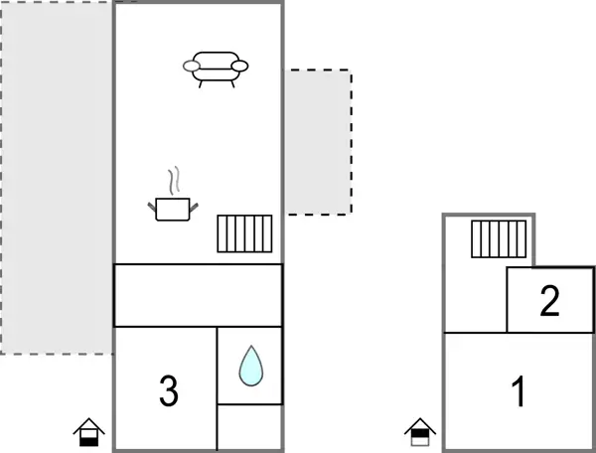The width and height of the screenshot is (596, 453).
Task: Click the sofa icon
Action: tap(216, 67)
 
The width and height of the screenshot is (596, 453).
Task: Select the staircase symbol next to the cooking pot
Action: tap(244, 233)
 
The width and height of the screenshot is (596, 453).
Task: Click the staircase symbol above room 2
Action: tap(499, 238)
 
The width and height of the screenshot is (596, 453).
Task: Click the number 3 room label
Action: tap(169, 392)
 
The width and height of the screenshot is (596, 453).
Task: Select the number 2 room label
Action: tap(549, 301)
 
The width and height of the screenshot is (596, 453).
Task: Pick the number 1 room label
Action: tap(518, 392)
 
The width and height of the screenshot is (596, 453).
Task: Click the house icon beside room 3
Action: tap(89, 431)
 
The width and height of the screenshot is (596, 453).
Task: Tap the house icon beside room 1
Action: tap(420, 431)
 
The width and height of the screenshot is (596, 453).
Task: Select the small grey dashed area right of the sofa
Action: tap(318, 141)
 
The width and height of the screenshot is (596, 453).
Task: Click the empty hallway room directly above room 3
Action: tap(198, 295)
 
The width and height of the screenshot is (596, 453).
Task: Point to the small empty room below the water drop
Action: tap(249, 426)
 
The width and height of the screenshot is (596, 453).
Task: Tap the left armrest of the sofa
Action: tap(192, 67)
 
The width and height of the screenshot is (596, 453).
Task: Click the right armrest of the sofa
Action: tap(239, 67)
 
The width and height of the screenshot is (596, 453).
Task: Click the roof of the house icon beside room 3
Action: tap(89, 422)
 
